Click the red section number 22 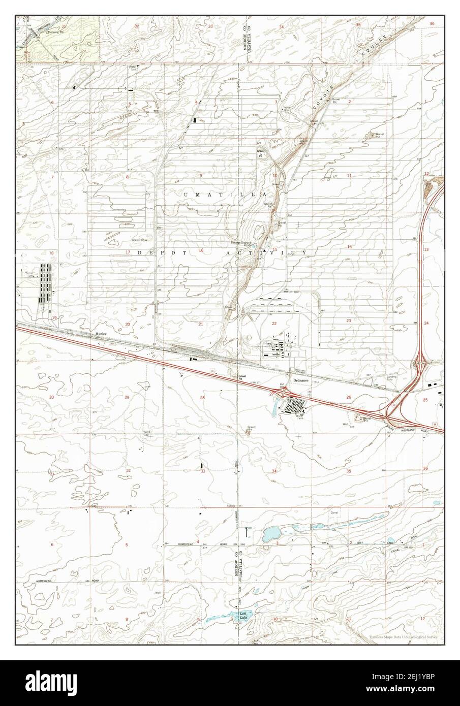[x=274, y=324]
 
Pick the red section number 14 [x=349, y=247]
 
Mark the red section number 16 [x=201, y=250]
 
